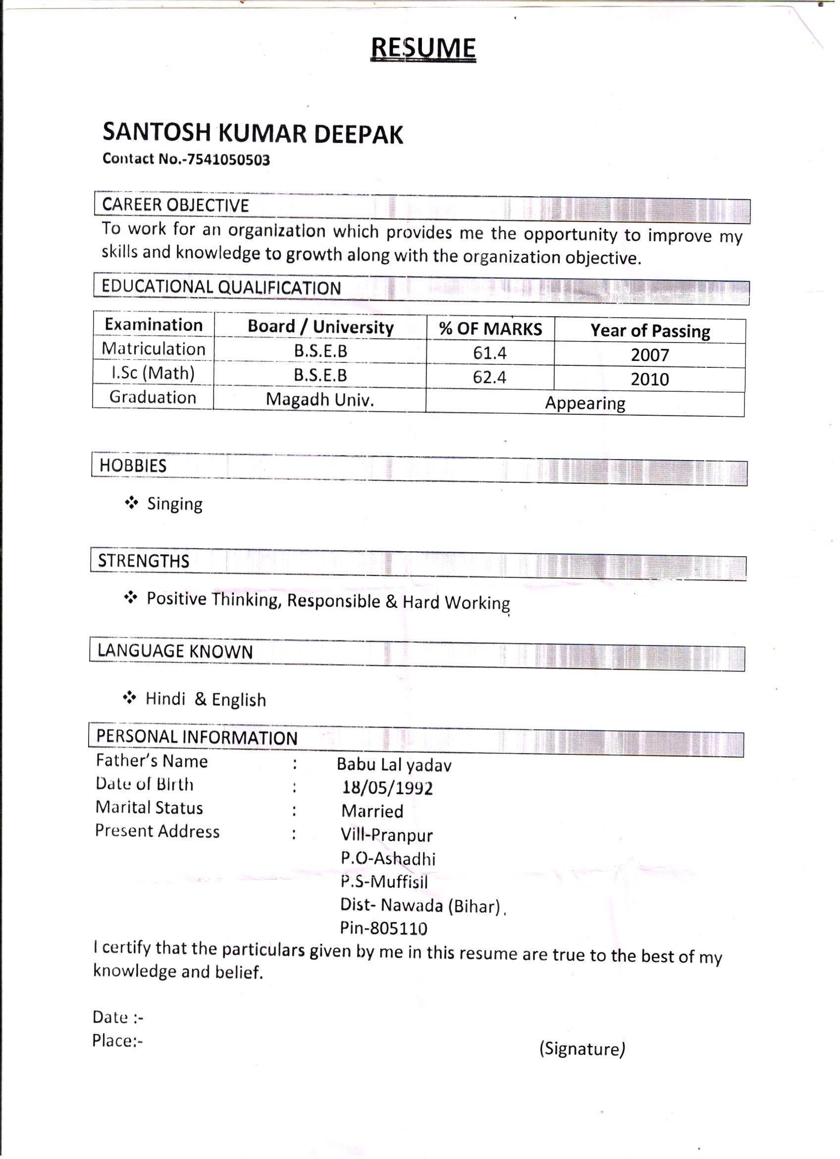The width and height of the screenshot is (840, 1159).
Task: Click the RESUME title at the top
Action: click(423, 49)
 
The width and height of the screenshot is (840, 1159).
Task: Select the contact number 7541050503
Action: click(228, 160)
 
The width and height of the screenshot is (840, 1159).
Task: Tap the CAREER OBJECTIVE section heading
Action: click(175, 205)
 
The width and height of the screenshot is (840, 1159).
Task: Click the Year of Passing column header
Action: click(650, 331)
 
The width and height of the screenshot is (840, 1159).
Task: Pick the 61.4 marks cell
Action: click(489, 352)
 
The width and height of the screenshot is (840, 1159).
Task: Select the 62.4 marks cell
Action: click(489, 377)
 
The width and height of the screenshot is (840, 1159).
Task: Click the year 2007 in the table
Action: click(649, 354)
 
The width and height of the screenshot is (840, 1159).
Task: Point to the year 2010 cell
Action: click(649, 379)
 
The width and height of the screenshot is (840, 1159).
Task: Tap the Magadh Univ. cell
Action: click(319, 399)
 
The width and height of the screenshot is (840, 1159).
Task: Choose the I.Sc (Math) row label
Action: click(153, 373)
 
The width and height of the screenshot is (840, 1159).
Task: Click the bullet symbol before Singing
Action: click(131, 503)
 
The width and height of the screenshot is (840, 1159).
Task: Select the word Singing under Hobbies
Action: click(175, 504)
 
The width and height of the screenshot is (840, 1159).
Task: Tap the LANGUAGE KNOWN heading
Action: click(175, 651)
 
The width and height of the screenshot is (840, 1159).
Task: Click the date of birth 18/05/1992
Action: click(388, 788)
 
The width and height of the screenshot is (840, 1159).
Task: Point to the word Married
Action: click(372, 811)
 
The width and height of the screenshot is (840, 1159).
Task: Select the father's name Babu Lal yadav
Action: click(394, 764)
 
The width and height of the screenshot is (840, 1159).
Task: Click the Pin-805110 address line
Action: click(383, 928)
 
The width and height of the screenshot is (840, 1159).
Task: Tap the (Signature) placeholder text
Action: click(582, 1048)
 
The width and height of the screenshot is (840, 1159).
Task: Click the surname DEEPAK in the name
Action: click(358, 134)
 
